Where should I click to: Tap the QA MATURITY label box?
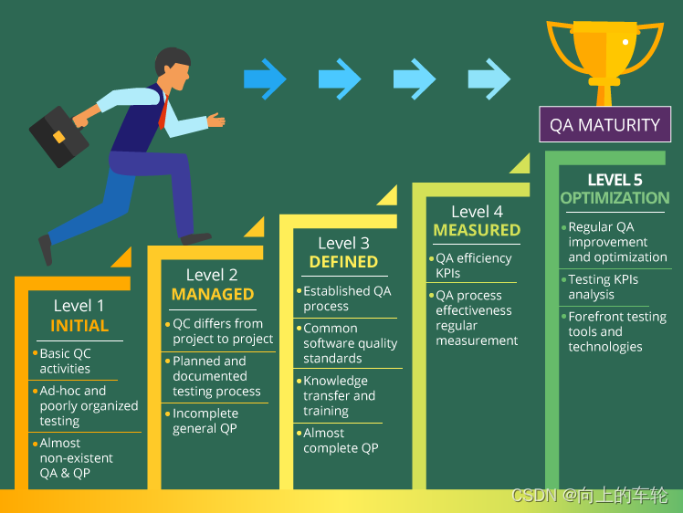click(604, 124)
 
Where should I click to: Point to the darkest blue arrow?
click(266, 79)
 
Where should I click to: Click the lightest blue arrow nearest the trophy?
click(489, 79)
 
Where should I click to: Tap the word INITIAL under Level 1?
click(79, 326)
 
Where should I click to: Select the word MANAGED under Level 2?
click(213, 294)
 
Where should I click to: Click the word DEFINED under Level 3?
click(343, 262)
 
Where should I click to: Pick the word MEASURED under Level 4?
click(477, 230)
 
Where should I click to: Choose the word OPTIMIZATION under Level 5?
click(615, 198)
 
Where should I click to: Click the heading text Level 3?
click(343, 243)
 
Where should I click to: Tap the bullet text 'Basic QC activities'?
click(65, 361)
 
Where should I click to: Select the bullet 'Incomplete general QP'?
click(205, 421)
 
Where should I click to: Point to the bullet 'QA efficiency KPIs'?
click(474, 266)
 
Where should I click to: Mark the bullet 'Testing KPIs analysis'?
click(603, 287)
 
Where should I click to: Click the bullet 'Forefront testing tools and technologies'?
click(616, 331)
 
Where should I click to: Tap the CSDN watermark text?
click(590, 496)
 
